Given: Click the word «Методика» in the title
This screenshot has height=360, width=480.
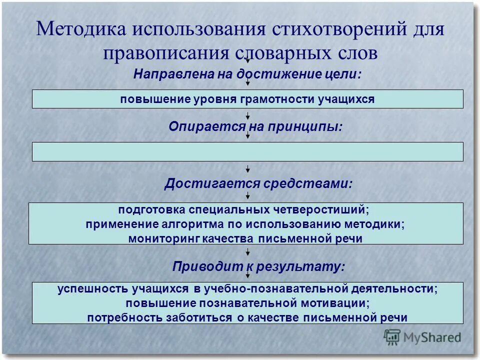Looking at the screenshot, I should tap(80, 29).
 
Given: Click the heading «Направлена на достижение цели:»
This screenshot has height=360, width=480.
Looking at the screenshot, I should tap(247, 74).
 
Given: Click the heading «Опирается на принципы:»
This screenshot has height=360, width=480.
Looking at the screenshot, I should tap(255, 127).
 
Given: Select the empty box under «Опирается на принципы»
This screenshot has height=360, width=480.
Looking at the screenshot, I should tap(247, 151).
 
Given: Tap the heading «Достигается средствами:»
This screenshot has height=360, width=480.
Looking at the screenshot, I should tap(258, 184).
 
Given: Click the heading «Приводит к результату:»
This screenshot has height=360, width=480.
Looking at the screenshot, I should tap(258, 266).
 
